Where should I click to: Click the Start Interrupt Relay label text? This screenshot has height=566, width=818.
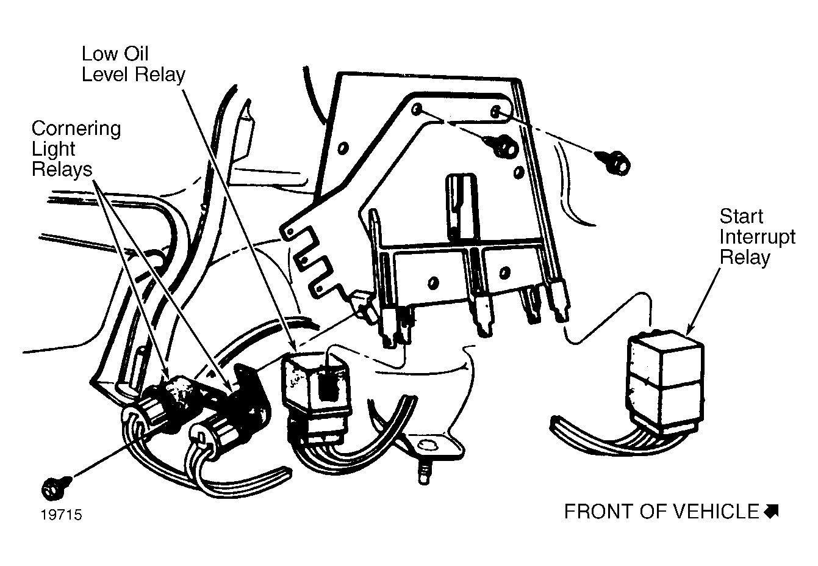[x=757, y=237]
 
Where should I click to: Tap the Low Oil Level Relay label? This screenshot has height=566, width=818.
[x=133, y=64]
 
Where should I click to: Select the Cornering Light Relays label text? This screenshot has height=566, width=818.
[x=76, y=148]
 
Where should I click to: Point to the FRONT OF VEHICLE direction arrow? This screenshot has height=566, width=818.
[x=771, y=512]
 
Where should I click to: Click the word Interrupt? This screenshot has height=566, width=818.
[x=757, y=237]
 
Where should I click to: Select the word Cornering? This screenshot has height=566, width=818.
[x=76, y=128]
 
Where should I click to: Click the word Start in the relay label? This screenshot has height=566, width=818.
[x=741, y=217]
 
